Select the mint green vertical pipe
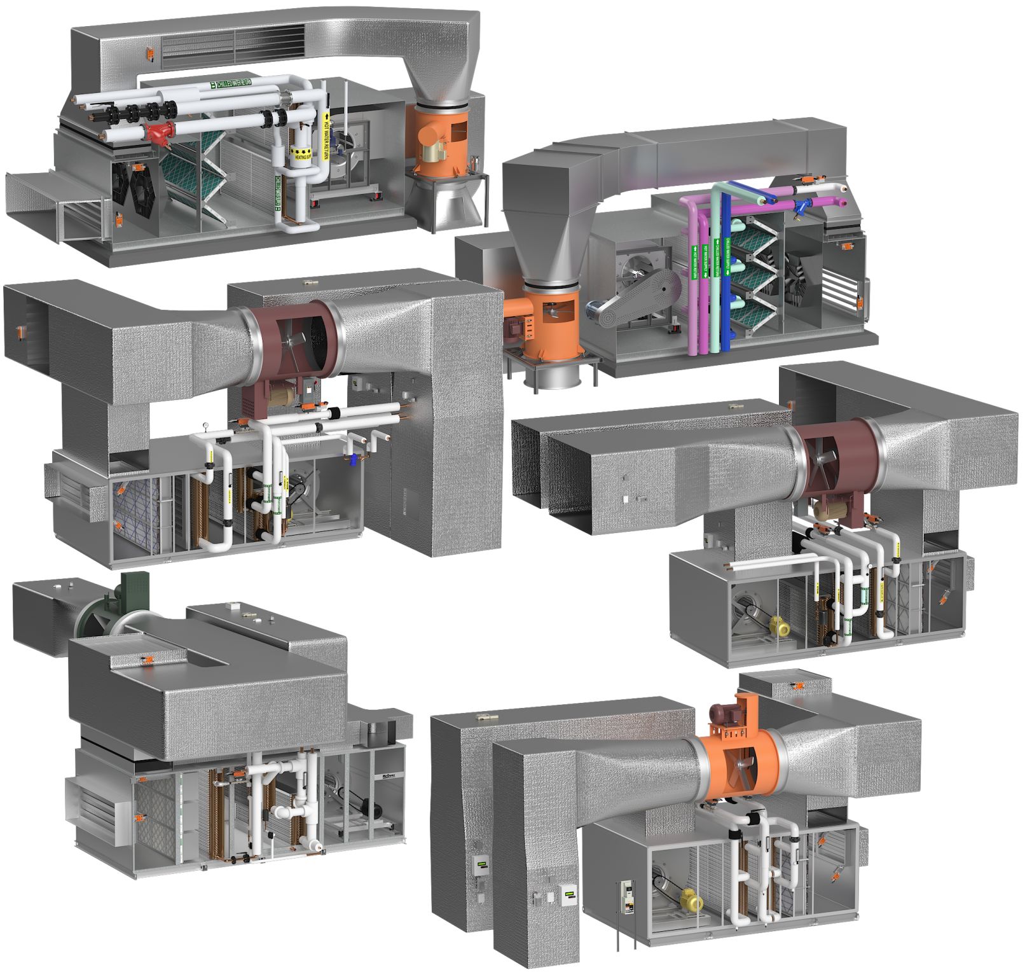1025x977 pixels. pos(716,274)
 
